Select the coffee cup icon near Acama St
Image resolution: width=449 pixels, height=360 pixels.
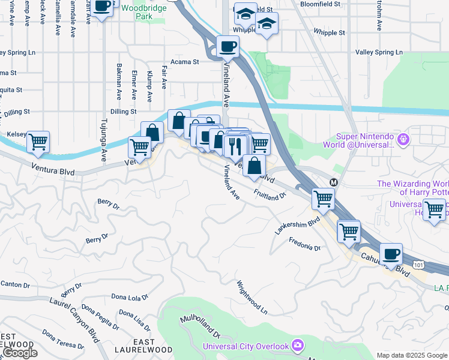[x=228, y=46]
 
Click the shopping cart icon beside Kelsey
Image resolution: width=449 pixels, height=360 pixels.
[x=38, y=142]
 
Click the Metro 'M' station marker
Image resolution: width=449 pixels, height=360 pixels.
[x=334, y=182]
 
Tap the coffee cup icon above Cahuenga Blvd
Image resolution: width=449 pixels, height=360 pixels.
[x=391, y=254]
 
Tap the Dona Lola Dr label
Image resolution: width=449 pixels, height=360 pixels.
[x=130, y=297]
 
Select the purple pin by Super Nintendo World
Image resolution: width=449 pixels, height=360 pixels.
[x=403, y=139]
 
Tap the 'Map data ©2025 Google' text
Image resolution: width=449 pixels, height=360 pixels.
[x=412, y=355]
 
